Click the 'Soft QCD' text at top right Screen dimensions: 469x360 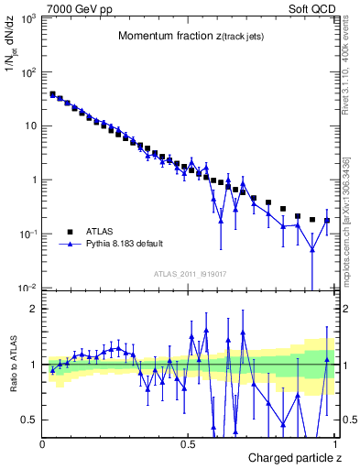coord(311,8)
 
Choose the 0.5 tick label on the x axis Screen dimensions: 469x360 coord(188,444)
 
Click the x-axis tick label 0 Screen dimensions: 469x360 coord(43,444)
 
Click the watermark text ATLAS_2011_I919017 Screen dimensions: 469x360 coord(190,273)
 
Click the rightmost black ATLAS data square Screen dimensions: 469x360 coord(327,221)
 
